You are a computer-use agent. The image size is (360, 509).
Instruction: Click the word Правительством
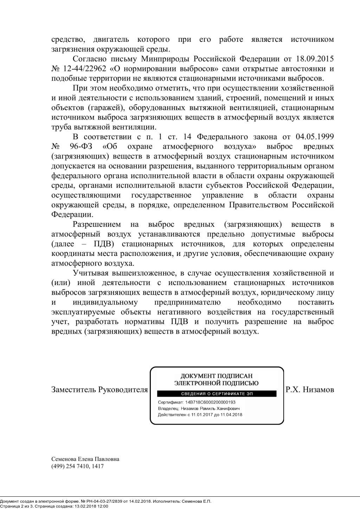coord(260,205)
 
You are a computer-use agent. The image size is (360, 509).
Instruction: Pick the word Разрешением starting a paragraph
coord(97,224)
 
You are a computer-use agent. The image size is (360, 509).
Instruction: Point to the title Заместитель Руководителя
coord(99,389)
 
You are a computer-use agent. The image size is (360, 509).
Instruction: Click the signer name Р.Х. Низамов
coord(310,389)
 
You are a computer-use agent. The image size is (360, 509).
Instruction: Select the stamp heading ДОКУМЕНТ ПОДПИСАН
coord(217,376)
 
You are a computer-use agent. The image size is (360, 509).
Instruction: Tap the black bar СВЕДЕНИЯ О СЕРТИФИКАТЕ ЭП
coord(217,394)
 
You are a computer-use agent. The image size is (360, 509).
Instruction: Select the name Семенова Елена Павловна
coord(85,459)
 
